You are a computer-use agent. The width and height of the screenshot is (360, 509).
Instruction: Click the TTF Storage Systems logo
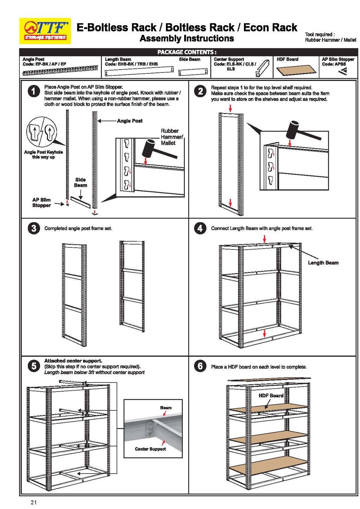coord(45,31)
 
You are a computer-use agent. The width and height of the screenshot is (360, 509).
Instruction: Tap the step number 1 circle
coord(33,91)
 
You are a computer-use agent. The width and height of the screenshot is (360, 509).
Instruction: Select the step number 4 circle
coord(200,228)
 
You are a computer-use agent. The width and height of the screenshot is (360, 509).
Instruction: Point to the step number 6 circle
coord(200,366)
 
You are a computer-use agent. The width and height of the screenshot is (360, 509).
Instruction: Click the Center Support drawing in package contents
coord(262,69)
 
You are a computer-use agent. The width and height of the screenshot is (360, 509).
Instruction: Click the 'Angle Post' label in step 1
coord(129,121)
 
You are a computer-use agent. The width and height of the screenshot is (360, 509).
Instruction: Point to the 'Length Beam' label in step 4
coord(323,263)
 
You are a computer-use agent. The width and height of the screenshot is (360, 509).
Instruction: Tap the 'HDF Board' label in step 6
coord(271,395)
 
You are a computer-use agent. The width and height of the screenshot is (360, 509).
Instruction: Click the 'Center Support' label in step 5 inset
coord(150,449)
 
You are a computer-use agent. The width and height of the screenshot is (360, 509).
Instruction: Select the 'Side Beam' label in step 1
coord(81,182)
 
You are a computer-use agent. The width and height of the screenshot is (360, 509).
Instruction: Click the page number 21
coord(34,502)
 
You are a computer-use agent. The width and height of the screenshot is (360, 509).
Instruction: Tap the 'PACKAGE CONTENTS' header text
coord(187,52)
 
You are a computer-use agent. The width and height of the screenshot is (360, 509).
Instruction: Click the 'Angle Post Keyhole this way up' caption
coord(44,155)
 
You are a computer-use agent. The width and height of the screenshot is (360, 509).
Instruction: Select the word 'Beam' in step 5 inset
coord(166,408)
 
